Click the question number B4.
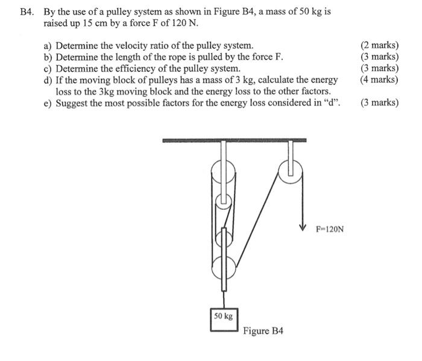coord(26,12)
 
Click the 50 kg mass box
coord(224,316)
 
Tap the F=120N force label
coord(330,229)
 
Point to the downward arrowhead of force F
coord(303,228)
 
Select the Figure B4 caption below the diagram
coord(263,331)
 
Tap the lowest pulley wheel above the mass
coord(224,266)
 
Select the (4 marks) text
coord(379,80)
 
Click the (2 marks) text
coord(379,46)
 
